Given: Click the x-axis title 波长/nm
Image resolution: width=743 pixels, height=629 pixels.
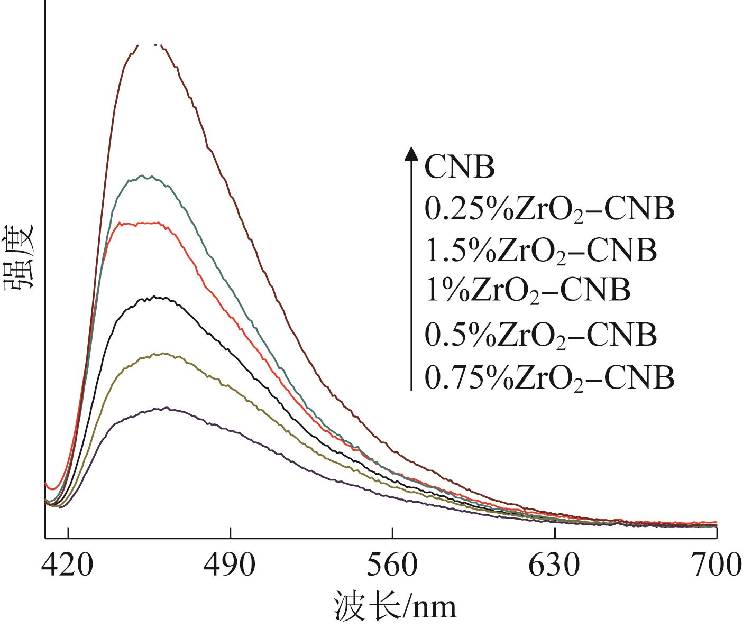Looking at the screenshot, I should click(x=395, y=607).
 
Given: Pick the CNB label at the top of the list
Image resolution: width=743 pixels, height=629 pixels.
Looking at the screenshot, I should click(x=460, y=168).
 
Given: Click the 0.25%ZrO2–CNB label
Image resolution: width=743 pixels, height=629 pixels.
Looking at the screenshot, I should click(x=549, y=210).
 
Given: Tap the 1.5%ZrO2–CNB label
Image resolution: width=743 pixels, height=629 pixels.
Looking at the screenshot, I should click(x=540, y=251).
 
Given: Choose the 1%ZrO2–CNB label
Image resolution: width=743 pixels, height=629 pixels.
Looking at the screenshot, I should click(x=527, y=290).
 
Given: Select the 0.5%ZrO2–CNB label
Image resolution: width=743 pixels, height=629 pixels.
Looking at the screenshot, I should click(x=540, y=334).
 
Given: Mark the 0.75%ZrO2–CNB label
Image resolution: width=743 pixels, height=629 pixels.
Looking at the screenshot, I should click(x=549, y=377).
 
